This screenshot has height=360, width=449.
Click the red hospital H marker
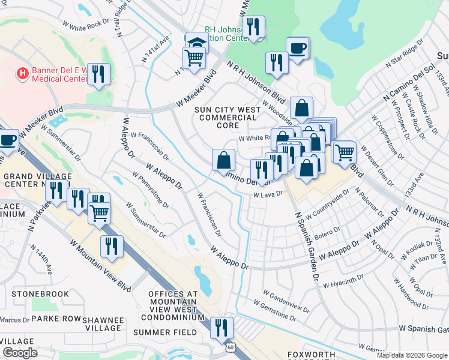click(x=22, y=74)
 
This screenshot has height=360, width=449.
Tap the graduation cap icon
click(x=196, y=43)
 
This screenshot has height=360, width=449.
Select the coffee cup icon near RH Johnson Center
click(x=297, y=47)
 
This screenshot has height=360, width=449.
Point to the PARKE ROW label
click(x=56, y=318)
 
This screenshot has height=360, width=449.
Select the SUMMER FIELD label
click(x=165, y=332)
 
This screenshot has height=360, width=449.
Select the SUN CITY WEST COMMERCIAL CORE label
click(x=228, y=118)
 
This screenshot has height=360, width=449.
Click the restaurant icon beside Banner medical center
click(x=98, y=73)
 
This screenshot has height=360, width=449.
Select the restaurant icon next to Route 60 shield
click(x=221, y=327)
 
